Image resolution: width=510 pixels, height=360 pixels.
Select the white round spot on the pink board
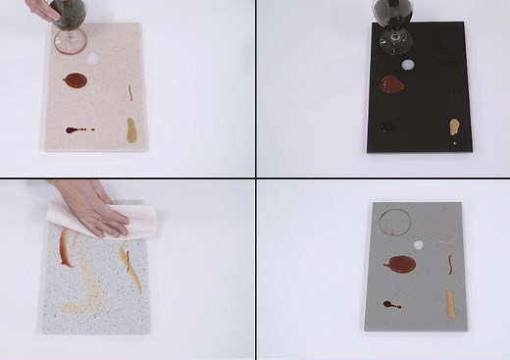(95, 59)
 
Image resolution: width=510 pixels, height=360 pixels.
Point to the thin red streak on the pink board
(130, 92)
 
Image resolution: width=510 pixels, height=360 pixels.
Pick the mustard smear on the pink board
(130, 129)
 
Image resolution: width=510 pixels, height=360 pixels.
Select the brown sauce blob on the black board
(390, 85)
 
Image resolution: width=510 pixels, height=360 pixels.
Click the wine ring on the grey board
(393, 224)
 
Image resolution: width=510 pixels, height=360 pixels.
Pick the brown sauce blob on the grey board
(399, 263)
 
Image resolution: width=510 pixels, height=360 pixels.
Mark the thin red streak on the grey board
(450, 264)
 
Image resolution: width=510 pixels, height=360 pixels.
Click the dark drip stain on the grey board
(392, 304)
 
